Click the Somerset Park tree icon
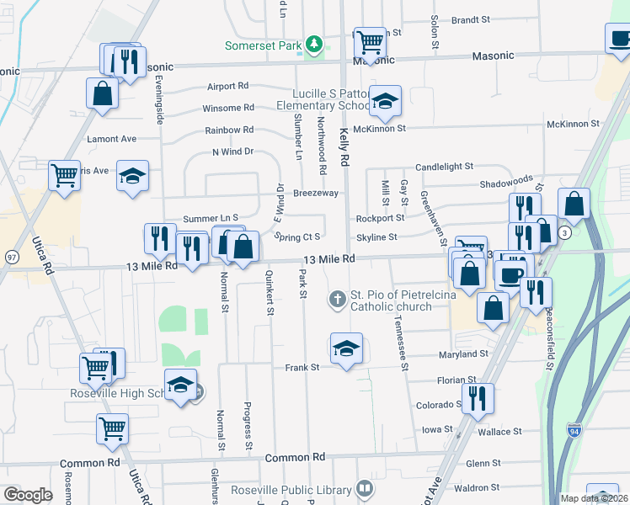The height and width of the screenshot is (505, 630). [x=314, y=44]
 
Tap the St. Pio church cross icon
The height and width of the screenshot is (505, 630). [x=337, y=298]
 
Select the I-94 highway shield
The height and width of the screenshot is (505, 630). [x=574, y=430]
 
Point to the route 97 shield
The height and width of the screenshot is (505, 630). [x=12, y=256]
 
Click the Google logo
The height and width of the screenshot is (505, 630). [x=28, y=495]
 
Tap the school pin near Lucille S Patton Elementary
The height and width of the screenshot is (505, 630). [x=386, y=102]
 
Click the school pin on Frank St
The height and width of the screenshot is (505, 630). [x=344, y=350]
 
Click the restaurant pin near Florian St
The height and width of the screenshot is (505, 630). [x=478, y=399]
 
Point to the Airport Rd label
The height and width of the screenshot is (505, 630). [x=227, y=86]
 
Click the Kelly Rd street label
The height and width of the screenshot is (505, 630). [x=344, y=136]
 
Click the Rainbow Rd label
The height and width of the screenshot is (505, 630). [x=229, y=130]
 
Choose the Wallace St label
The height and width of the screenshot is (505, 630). [x=501, y=432]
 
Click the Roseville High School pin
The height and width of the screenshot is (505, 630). [x=180, y=385]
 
